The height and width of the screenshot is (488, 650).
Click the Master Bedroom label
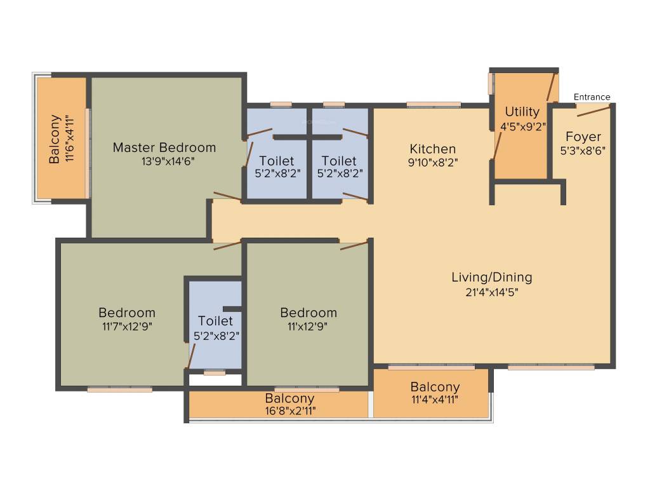click(x=164, y=147)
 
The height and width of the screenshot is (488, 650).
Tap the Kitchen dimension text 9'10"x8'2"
click(x=432, y=162)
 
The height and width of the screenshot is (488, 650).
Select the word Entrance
click(x=592, y=97)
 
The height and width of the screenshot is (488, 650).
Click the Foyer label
click(x=583, y=137)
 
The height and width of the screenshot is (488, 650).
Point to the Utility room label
click(x=522, y=112)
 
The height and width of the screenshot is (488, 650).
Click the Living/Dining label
click(x=491, y=277)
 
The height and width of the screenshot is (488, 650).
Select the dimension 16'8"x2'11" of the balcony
click(x=289, y=410)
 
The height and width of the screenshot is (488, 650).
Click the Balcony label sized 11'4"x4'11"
click(x=435, y=387)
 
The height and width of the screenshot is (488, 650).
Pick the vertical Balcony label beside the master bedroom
click(x=55, y=139)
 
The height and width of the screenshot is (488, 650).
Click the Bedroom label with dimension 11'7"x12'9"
click(x=127, y=313)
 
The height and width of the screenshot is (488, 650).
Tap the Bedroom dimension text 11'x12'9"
click(x=308, y=326)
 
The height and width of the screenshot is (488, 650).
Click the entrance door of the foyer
click(x=594, y=111)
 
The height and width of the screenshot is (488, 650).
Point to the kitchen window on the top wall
click(x=434, y=105)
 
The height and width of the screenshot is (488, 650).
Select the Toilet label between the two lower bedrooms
click(x=215, y=321)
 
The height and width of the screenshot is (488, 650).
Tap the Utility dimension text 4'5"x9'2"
click(x=522, y=126)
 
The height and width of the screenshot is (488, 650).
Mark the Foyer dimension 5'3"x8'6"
click(x=583, y=151)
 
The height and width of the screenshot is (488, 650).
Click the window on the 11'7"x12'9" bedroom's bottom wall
click(x=119, y=390)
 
